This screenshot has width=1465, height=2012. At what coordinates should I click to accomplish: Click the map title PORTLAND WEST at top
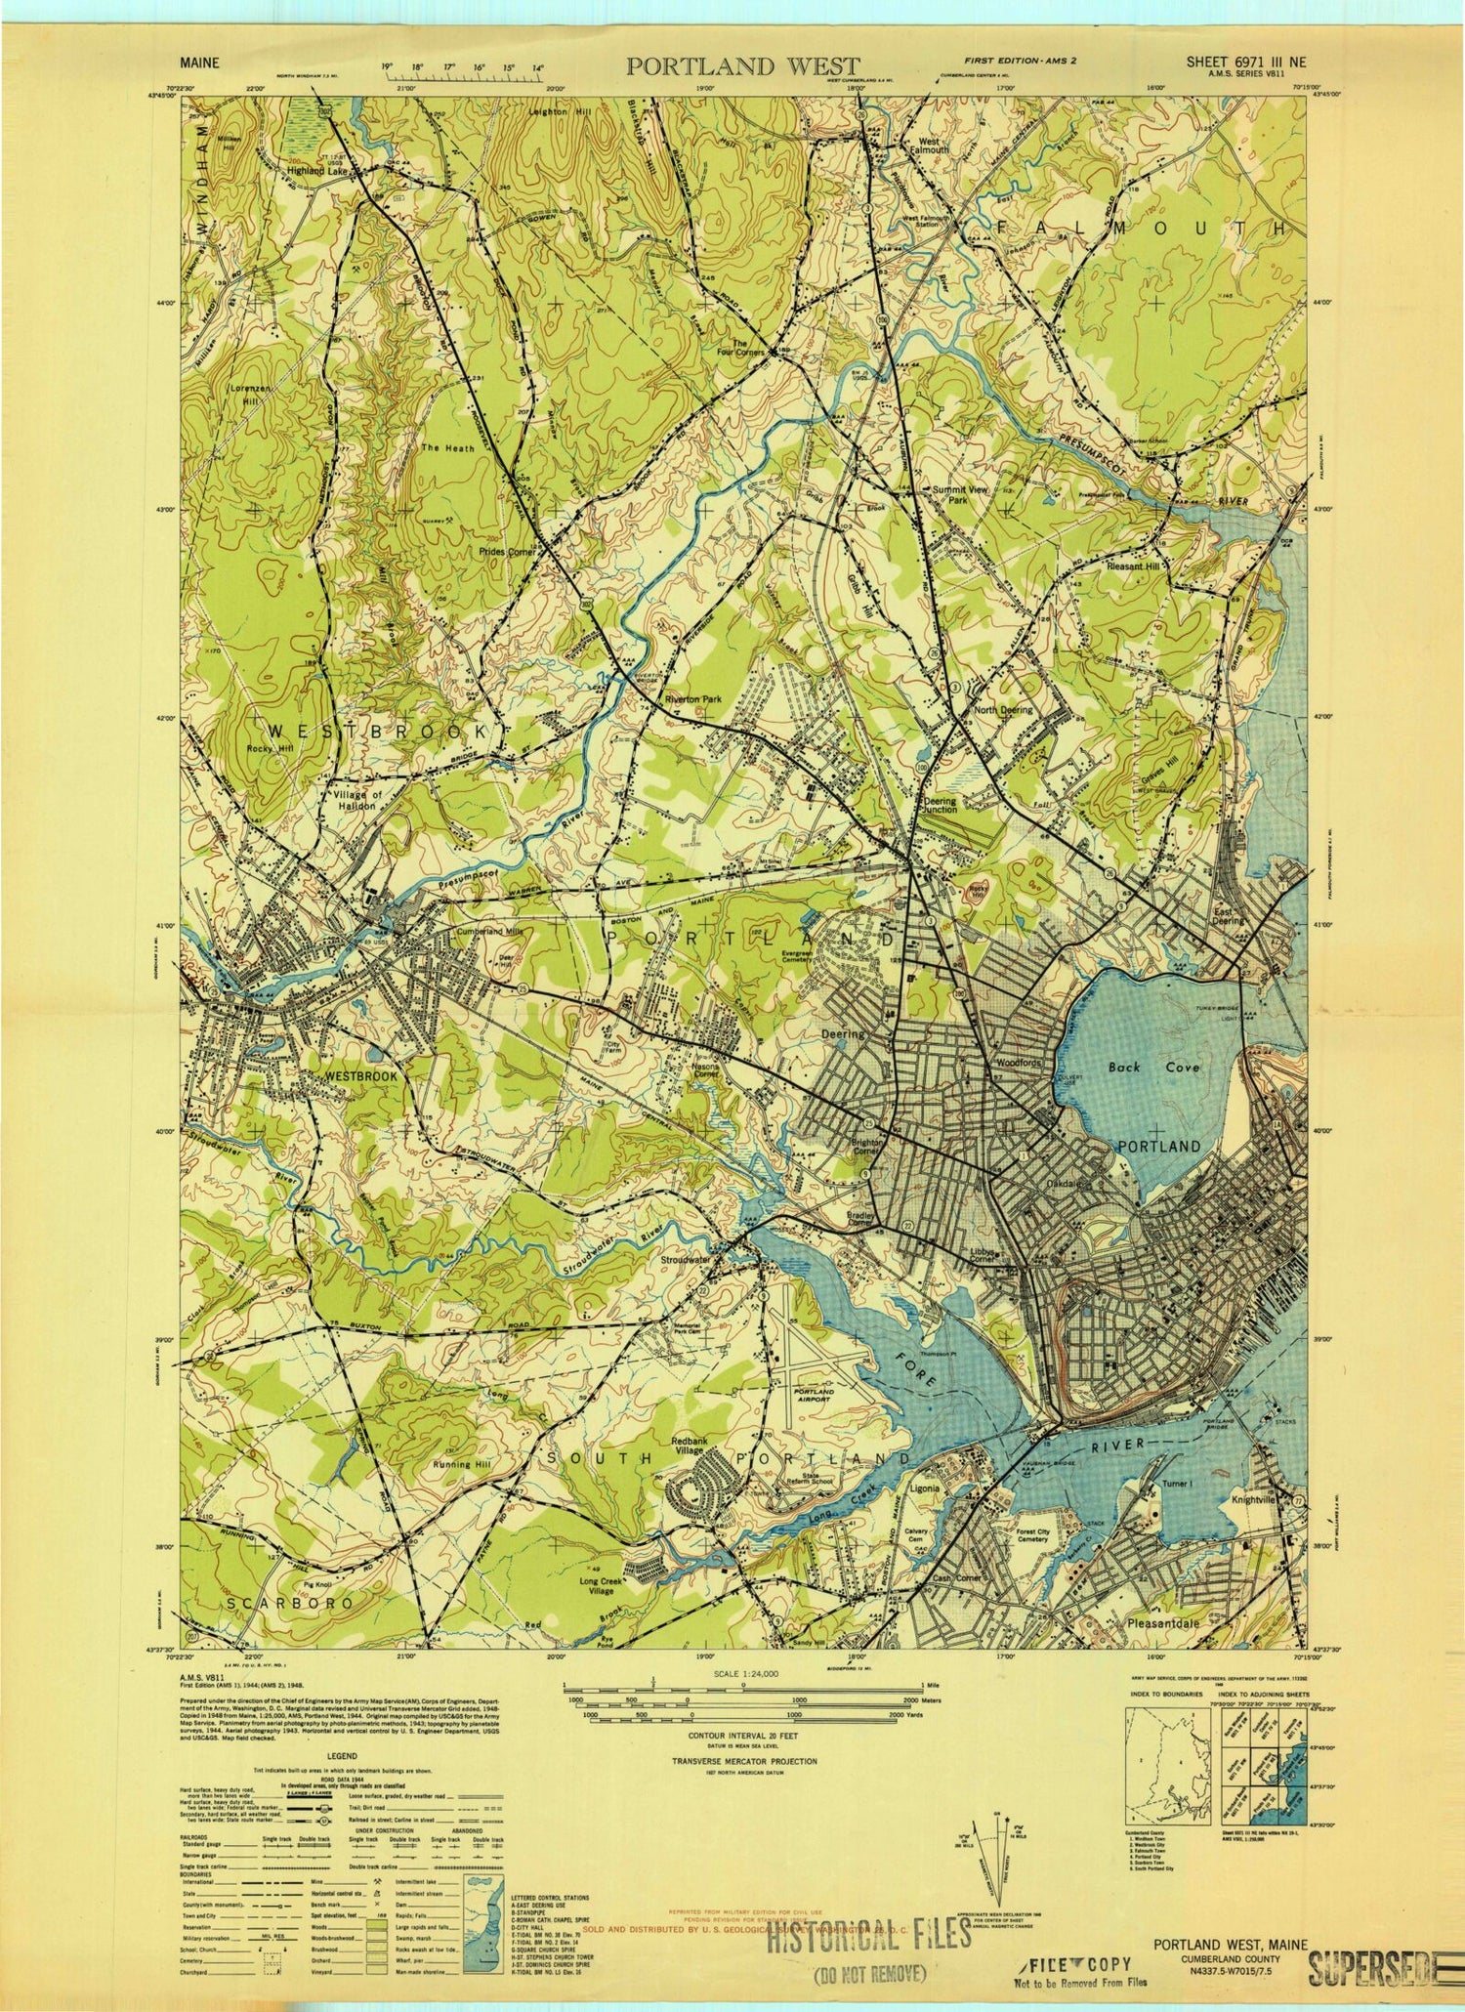click(x=742, y=65)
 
